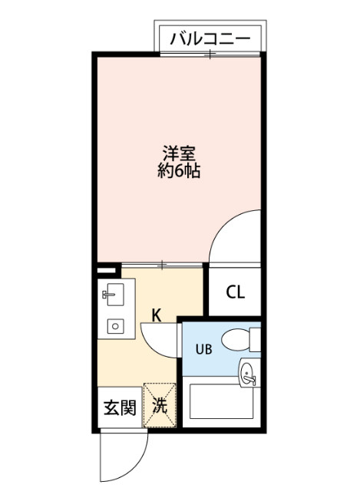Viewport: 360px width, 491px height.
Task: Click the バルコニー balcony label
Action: click(210, 37)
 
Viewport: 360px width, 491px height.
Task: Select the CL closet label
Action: click(235, 292)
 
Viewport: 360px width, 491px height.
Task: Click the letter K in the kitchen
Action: click(155, 315)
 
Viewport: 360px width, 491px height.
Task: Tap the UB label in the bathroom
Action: click(203, 350)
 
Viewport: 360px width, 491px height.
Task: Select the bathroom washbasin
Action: click(246, 375)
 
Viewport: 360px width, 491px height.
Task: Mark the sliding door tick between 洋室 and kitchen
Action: click(162, 265)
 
